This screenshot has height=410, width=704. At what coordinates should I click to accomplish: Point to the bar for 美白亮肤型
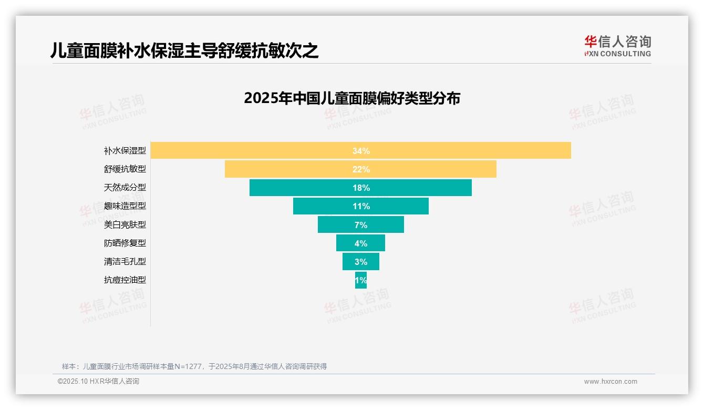[336, 225]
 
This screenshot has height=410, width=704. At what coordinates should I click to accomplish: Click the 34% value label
[361, 151]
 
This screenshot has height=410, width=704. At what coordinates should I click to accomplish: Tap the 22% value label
[361, 169]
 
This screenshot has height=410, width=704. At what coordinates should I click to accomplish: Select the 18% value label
[361, 188]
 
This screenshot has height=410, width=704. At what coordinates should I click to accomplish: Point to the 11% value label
[361, 206]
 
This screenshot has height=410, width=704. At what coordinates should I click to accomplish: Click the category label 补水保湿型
[125, 151]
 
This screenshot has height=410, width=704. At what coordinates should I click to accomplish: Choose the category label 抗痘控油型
[125, 280]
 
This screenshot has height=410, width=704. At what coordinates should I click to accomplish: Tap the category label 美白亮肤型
[125, 225]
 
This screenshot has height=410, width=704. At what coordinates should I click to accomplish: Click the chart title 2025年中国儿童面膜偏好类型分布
[352, 98]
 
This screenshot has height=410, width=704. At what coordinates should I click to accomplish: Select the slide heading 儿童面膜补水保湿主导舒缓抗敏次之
[184, 50]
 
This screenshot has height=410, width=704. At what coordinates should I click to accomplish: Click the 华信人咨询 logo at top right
[617, 46]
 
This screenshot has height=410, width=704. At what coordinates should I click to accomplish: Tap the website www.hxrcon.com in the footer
[610, 382]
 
